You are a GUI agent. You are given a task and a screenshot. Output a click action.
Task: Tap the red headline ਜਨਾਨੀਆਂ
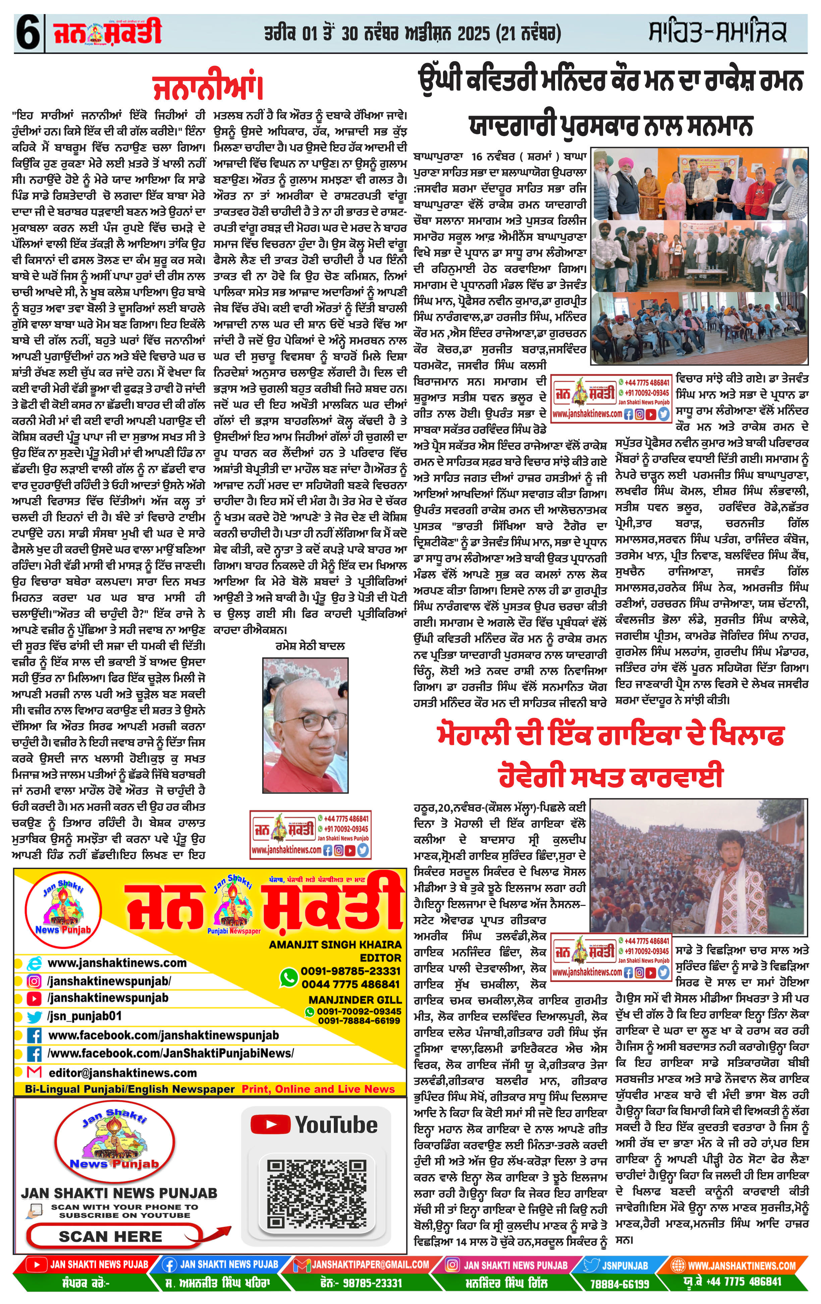tap(208, 88)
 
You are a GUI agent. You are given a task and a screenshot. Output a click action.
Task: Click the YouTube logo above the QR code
tap(314, 1125)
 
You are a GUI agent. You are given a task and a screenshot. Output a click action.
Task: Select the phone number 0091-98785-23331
tap(350, 971)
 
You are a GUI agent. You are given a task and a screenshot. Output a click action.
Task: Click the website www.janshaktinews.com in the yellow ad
tap(117, 963)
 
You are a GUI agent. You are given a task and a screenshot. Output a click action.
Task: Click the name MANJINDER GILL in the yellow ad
tap(355, 1000)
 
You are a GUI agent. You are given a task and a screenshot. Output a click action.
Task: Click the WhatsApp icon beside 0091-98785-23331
tap(289, 976)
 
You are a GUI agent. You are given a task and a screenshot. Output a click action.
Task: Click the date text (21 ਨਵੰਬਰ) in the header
tap(528, 34)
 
